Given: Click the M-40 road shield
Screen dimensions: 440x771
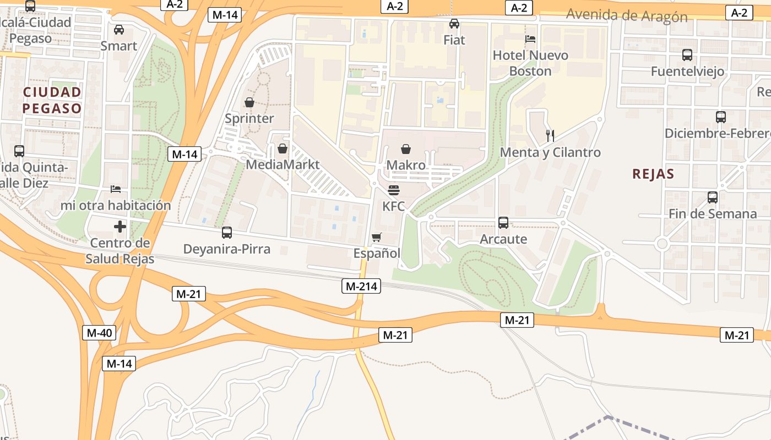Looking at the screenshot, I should click(99, 332).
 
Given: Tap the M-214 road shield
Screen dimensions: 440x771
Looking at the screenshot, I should click(361, 285).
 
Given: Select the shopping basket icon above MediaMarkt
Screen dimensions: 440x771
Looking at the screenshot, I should click(283, 148).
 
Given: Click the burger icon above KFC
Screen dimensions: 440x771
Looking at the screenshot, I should click(393, 190).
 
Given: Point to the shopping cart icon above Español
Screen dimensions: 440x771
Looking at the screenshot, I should click(377, 238).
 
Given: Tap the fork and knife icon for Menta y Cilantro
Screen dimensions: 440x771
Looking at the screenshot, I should click(550, 135).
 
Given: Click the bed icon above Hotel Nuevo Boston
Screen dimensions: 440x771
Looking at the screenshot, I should click(530, 39).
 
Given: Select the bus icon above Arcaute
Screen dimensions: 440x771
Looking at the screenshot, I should click(503, 223).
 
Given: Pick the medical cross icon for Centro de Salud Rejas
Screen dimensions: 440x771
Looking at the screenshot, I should click(120, 227).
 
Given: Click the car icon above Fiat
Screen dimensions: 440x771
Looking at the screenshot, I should click(454, 24).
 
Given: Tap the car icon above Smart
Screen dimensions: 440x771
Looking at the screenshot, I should click(119, 30).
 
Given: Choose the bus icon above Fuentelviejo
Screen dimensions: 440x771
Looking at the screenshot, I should click(687, 55).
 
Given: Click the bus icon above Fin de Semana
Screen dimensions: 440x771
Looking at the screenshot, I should click(713, 197).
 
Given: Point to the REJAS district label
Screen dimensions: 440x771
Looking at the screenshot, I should click(653, 174).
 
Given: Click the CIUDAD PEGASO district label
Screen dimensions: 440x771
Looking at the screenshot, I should click(52, 100).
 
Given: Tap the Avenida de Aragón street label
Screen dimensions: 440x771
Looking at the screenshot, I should click(627, 15).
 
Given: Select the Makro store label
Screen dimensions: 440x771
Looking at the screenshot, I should click(406, 165).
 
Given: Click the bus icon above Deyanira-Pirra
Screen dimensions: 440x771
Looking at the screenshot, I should click(227, 233).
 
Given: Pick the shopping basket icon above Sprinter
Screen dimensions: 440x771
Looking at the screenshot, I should click(249, 102).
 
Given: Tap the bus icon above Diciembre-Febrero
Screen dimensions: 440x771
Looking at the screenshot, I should click(721, 117).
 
